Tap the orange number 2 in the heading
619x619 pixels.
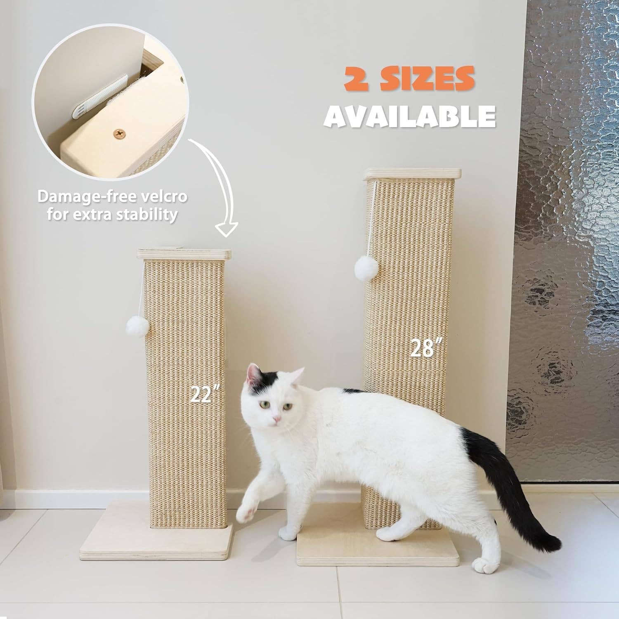pos(356,79)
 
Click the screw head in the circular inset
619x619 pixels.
pos(120,133)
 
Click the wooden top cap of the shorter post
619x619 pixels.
pos(184,254)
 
